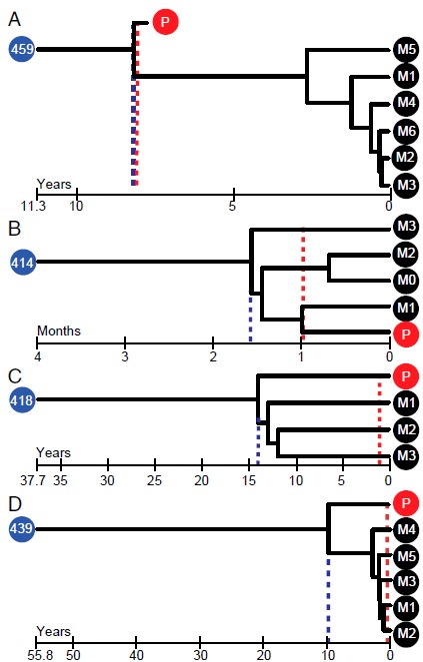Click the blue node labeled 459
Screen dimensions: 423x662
tap(22, 49)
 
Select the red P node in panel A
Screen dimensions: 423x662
tap(165, 22)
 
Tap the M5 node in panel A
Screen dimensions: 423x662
tap(405, 49)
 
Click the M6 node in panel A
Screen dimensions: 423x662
tap(405, 132)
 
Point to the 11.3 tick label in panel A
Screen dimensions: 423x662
tap(33, 206)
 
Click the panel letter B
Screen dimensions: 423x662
tap(14, 229)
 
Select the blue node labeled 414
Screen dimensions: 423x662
tap(22, 263)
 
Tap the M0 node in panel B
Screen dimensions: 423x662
tap(405, 280)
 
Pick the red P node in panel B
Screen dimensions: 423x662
tap(405, 333)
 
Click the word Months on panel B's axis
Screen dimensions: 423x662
tap(59, 331)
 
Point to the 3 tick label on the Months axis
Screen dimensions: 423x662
tap(125, 356)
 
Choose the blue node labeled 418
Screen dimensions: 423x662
tap(22, 399)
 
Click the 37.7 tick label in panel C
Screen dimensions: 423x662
tap(33, 480)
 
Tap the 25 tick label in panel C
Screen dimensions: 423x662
tap(154, 480)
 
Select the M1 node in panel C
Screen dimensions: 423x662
tap(405, 402)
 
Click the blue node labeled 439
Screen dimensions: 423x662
tap(21, 528)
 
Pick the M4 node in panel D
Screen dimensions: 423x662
tap(405, 529)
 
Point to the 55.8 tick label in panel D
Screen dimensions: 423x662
tap(40, 655)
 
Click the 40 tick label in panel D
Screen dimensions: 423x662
tap(136, 655)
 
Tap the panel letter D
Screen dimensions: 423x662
tap(15, 504)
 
